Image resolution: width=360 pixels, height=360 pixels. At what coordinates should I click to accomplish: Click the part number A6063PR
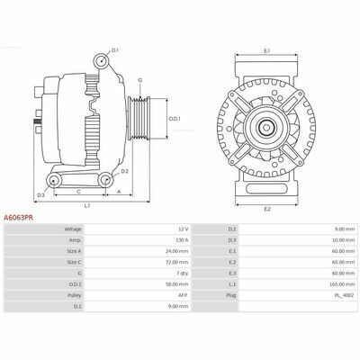(18, 218)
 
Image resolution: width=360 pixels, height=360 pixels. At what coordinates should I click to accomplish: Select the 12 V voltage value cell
(184, 229)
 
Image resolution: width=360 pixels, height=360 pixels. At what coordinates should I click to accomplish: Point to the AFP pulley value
(183, 295)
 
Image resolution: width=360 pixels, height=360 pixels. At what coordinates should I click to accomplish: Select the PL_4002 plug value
(346, 295)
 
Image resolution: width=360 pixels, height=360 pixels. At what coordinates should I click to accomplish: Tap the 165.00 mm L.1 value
(345, 284)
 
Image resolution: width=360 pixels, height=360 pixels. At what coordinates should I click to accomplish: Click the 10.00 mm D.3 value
(346, 240)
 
